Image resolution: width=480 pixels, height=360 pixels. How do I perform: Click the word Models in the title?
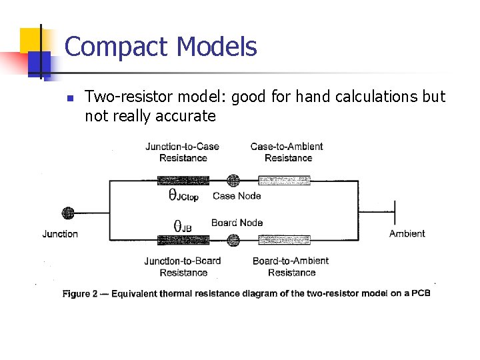click(217, 47)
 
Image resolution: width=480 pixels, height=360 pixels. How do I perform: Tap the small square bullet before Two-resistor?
click(69, 97)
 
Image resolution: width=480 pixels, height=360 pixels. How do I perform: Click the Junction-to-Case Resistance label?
click(183, 152)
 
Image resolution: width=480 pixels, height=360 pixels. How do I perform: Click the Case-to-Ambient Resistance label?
click(287, 152)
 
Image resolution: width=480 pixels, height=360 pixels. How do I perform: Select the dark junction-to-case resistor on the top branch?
click(183, 180)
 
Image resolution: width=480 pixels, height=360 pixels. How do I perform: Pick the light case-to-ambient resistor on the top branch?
click(284, 180)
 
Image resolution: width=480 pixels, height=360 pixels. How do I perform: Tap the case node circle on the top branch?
click(233, 180)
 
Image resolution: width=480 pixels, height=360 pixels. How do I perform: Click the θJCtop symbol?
click(183, 196)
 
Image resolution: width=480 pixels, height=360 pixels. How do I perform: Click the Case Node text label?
click(237, 196)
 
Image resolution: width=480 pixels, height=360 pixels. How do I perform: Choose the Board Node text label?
click(237, 223)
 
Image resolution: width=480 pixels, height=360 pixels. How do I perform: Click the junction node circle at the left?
click(67, 213)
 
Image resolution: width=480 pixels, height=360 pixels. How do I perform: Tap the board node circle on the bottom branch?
click(233, 239)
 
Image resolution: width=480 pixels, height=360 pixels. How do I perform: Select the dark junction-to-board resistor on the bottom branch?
click(183, 239)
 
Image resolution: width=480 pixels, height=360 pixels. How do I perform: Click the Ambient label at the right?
click(407, 233)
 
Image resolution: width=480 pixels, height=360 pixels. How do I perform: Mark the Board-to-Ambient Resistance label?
click(291, 267)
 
